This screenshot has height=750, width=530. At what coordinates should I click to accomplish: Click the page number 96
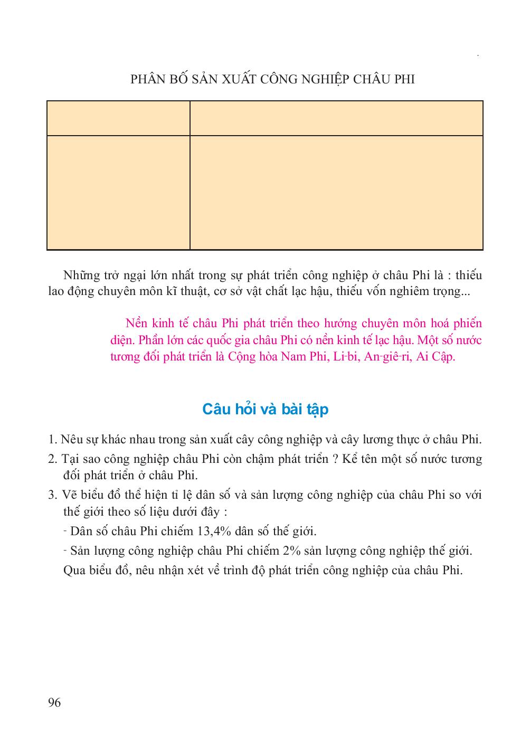tap(54, 702)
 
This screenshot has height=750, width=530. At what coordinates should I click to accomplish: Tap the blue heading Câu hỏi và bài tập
tap(265, 409)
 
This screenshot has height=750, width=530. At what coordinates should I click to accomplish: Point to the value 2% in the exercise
tap(292, 551)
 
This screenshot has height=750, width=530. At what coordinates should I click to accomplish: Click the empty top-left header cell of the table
tap(118, 118)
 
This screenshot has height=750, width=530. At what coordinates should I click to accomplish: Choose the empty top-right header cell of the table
tap(336, 118)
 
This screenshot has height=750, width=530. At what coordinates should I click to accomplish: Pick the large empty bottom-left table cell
tap(118, 192)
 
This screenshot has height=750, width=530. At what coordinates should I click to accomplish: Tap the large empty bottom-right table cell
tap(336, 192)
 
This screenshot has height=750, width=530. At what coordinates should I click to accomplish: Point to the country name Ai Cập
tap(436, 357)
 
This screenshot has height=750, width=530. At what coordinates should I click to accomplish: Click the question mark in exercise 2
tap(336, 459)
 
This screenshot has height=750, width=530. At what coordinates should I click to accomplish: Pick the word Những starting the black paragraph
tap(81, 276)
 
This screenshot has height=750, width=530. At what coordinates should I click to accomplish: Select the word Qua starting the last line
tap(73, 571)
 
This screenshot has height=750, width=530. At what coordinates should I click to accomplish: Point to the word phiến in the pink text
tap(468, 323)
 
